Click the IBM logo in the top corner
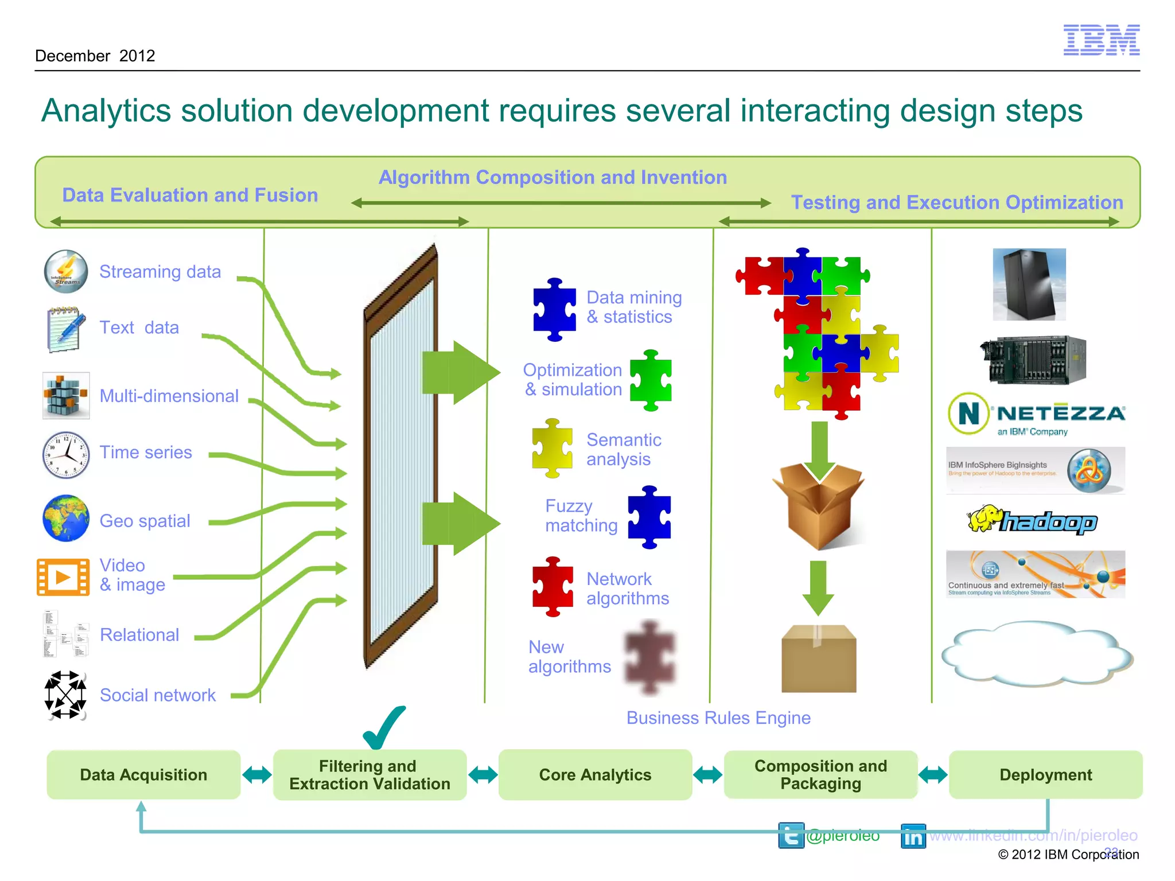1101,40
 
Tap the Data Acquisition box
143,774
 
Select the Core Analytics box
595,774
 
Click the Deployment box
1045,774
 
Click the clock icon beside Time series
66,455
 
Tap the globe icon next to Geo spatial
66,519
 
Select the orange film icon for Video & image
63,577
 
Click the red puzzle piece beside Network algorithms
553,587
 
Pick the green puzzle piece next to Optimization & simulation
651,380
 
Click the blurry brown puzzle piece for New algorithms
649,657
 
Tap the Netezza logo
1036,414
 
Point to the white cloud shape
1036,654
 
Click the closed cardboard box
819,659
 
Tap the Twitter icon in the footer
791,836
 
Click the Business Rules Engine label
718,718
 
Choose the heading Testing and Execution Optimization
957,202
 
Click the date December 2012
95,56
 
